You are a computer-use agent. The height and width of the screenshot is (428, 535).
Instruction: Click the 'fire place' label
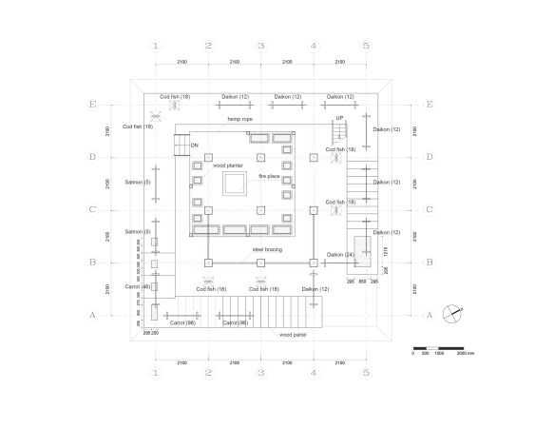[270, 176]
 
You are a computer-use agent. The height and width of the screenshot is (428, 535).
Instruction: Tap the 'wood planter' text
[227, 165]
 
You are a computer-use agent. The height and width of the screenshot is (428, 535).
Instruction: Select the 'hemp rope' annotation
[239, 118]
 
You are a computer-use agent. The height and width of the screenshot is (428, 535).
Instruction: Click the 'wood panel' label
[292, 335]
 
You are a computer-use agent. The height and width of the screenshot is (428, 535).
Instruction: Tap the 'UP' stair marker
[339, 118]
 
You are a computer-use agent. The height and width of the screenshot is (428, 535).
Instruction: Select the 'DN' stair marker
[194, 146]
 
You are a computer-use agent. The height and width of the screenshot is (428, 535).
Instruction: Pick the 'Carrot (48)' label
[139, 286]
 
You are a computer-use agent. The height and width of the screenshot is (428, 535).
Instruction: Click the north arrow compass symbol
[456, 310]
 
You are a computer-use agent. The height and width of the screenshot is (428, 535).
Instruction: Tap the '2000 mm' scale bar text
[464, 352]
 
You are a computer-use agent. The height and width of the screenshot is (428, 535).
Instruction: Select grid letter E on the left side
[92, 105]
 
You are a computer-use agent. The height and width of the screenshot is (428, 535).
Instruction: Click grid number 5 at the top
[366, 46]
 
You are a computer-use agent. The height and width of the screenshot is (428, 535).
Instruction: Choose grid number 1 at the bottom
[155, 374]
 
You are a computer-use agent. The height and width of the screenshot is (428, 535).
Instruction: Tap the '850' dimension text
[363, 282]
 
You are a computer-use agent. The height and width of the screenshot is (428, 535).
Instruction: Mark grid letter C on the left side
[92, 210]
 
